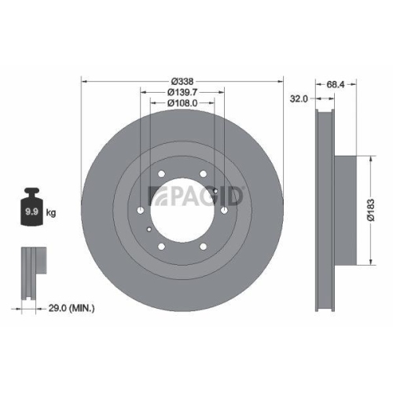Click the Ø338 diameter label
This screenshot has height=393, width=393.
[181, 81]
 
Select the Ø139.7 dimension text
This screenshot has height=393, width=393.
[181, 92]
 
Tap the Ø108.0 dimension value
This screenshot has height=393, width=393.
[181, 102]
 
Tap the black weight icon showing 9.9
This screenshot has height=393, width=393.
[32, 208]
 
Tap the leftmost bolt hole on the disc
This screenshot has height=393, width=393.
[138, 211]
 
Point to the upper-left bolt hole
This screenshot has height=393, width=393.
[160, 174]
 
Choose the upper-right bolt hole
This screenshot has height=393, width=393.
[203, 174]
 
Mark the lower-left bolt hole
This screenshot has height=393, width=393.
[160, 248]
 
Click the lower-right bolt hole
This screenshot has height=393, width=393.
[203, 248]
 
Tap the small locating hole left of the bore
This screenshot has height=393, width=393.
[149, 229]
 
